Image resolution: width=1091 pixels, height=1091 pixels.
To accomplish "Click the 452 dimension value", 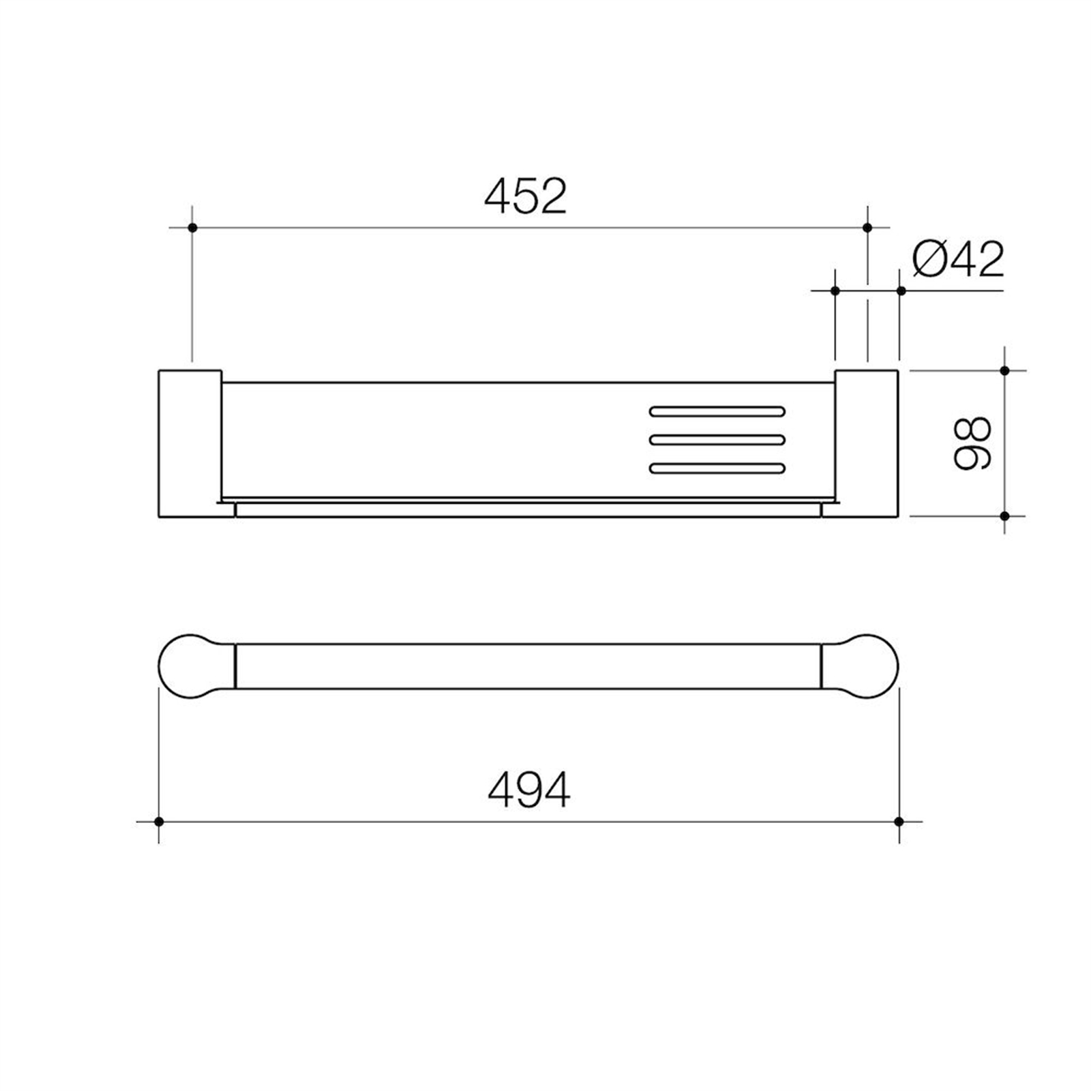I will pos(525,196).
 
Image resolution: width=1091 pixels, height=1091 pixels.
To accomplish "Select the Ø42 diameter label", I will pos(958,260).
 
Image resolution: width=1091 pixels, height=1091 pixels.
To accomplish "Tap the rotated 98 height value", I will pos(972,443).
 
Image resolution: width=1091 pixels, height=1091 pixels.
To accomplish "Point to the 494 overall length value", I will pos(529,791).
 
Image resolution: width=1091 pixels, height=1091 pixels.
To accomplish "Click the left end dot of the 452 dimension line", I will pos(192,227).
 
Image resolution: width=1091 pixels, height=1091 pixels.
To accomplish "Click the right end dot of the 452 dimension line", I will pos(867,227).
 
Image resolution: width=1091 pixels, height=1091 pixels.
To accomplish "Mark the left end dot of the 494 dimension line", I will pos(159,822).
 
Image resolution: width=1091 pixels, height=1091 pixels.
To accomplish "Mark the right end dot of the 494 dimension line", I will pos(899,822).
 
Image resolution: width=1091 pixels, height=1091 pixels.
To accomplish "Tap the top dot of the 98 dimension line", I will pos(1004,370).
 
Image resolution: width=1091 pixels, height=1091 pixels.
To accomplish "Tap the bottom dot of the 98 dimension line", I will pos(1004,516).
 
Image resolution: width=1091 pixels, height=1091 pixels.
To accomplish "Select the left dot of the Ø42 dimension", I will pos(835,290).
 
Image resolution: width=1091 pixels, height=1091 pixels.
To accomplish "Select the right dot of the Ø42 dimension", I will pos(901,290).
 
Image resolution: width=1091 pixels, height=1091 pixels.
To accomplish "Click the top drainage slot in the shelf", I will pos(717,411).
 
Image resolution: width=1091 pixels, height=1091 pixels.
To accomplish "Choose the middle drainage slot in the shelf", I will pos(717,440).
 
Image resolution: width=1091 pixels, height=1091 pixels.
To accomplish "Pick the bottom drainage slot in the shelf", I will pos(717,468).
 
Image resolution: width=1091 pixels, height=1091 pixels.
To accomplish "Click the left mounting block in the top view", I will pos(190,443).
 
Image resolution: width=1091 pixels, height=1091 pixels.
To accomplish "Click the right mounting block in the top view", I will pos(866,443).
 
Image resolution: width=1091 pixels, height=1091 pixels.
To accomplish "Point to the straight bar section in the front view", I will pos(528,666).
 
